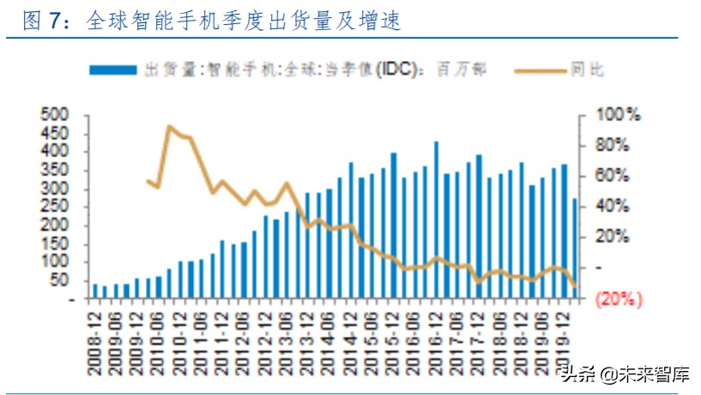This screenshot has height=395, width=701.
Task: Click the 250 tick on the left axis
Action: [x=54, y=208]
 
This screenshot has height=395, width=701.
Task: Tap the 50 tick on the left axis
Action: [x=57, y=281]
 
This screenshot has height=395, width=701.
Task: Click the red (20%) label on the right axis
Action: [x=619, y=299]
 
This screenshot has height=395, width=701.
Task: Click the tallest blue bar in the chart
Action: [x=437, y=220]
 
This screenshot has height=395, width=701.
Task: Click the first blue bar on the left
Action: [x=94, y=290]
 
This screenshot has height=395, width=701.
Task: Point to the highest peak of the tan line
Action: [x=169, y=127]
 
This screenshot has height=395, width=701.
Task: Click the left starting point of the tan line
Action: [x=148, y=181]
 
